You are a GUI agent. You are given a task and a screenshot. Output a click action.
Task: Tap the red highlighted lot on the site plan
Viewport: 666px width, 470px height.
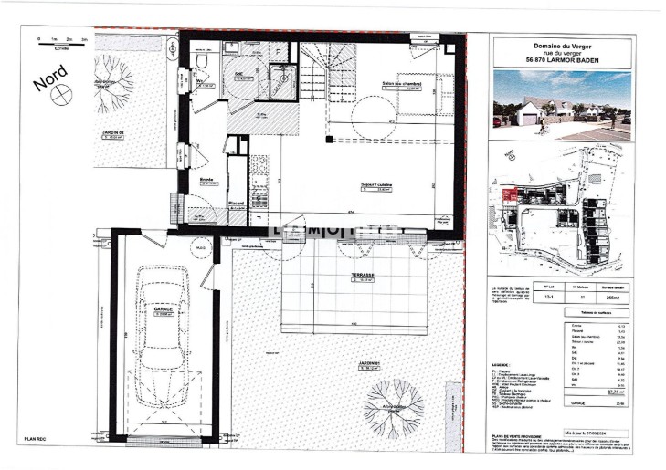[513, 194]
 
